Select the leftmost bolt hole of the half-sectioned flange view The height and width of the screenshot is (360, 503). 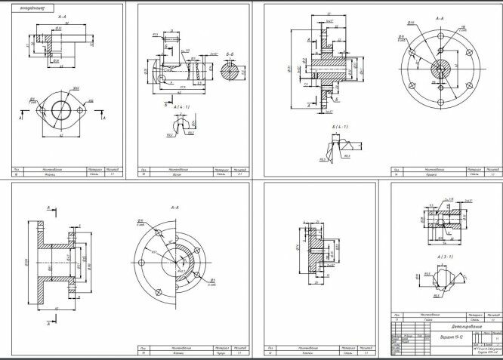(143, 263)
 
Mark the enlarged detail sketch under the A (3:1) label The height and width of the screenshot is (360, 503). (439, 278)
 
